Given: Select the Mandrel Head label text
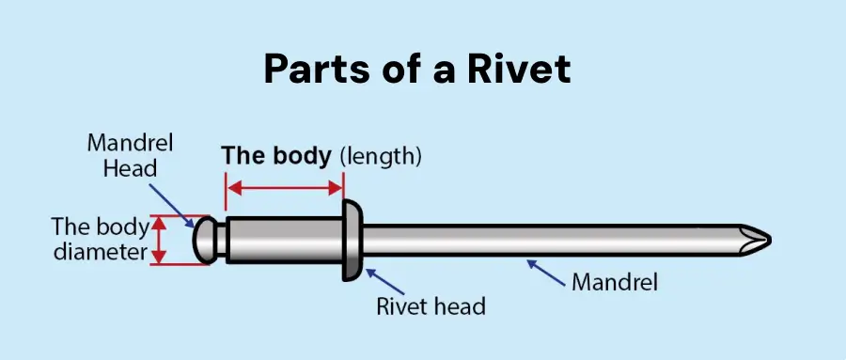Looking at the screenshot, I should tap(122, 155).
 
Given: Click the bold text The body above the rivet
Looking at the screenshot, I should tap(276, 155).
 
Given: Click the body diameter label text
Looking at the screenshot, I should tap(100, 240).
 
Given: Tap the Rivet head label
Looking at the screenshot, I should tap(430, 306).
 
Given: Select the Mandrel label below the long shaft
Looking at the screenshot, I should tap(615, 281).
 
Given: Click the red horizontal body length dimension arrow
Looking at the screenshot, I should tap(284, 187).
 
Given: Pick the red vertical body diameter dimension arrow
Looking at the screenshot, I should tap(159, 240).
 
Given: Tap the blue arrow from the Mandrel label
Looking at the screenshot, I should tap(546, 271).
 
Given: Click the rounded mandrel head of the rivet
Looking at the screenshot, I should tap(206, 241).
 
